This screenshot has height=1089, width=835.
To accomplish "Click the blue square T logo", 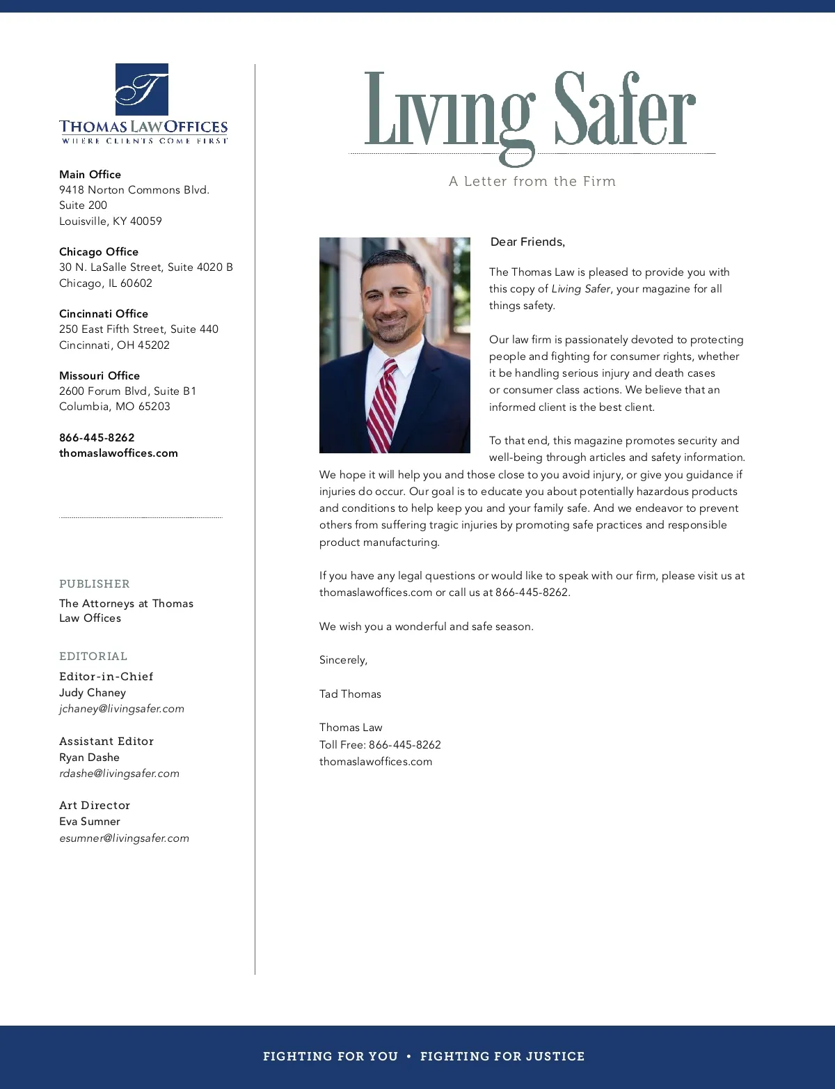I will point(142,89).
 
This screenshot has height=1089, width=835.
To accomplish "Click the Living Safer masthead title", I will point(530,111).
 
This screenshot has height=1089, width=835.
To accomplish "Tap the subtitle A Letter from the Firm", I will point(532,182).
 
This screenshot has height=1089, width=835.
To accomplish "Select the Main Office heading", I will point(90,174).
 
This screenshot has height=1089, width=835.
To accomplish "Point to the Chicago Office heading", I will point(99,251).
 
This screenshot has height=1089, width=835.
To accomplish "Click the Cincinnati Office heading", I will point(104,313).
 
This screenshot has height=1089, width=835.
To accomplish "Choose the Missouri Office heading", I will point(100,375).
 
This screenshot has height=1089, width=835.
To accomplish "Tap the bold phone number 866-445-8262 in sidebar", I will point(97,437).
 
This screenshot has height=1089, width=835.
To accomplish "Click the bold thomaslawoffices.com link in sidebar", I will point(118,453).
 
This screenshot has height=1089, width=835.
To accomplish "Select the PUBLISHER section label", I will point(95,583).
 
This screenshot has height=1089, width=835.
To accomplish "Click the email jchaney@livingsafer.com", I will point(122,709).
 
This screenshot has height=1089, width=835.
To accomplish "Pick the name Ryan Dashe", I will point(89,757).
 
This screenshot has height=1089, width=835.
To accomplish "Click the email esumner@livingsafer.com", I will point(124,838).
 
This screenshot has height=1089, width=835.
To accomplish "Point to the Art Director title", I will point(95,805).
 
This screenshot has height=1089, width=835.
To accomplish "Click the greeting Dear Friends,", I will point(527,242).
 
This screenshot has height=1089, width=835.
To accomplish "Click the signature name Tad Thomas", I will point(350,694).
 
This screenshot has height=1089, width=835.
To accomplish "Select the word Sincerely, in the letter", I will point(343,660).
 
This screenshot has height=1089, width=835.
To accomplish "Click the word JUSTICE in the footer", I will point(555,1056).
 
